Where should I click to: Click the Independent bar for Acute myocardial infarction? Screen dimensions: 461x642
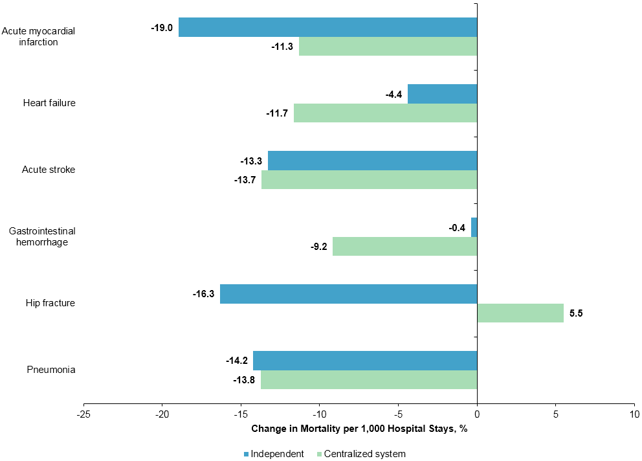pos(327,27)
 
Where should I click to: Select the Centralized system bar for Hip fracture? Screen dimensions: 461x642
pos(520,313)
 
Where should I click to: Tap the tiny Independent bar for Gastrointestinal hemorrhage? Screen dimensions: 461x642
pos(474,227)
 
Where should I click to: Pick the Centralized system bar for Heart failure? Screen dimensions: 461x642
pos(385,113)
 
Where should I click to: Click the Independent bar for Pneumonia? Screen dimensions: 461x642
pos(365,361)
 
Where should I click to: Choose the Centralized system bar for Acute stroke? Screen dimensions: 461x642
pos(369,180)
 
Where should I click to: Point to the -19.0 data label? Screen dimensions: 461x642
pos(162,28)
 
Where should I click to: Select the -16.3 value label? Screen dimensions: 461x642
pos(203,294)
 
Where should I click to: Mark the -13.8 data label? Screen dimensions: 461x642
pos(244,380)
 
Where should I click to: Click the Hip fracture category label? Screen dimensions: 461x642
pos(50,303)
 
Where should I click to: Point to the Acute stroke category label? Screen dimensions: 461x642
pos(49,170)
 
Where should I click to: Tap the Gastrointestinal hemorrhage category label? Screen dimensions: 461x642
pos(42,236)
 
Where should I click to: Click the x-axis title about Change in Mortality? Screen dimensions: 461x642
pos(359,429)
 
